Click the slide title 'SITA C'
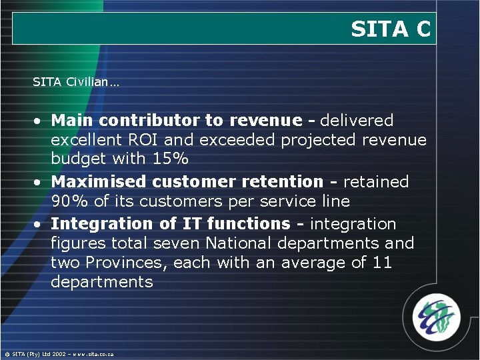pyautogui.click(x=391, y=29)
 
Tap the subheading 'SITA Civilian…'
pyautogui.click(x=76, y=82)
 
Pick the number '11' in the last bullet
pyautogui.click(x=381, y=263)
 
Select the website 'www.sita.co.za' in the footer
pyautogui.click(x=93, y=354)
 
